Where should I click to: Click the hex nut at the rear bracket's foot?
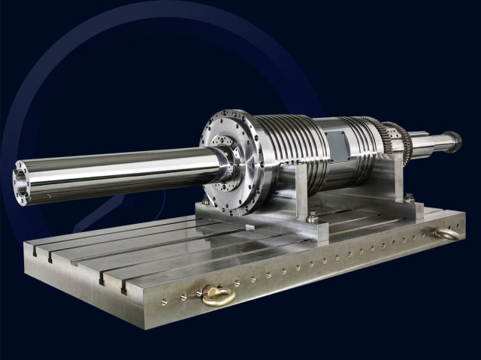(x=408, y=198)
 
